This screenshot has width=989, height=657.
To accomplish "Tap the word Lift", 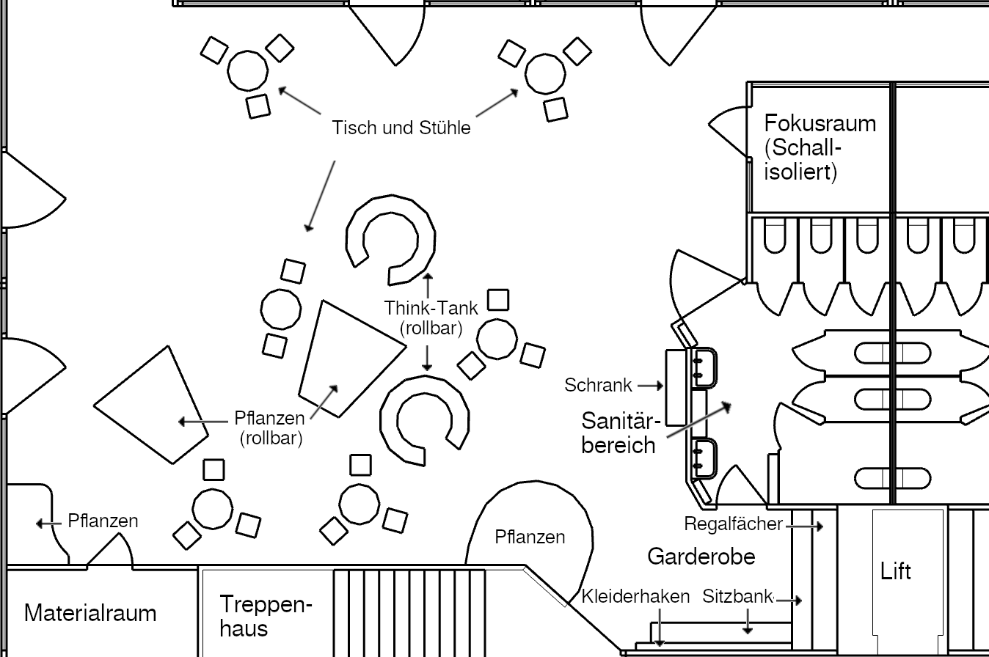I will pos(896,570).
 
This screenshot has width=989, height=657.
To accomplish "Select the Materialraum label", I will pos(90,613).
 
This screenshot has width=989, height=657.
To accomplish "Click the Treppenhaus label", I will pos(266,616).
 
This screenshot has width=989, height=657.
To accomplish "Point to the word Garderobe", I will pos(701,557).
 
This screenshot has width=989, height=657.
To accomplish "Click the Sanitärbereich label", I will pos(618,433).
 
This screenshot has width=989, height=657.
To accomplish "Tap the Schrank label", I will pos(598,385).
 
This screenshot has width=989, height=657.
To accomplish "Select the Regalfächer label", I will pos(733,524).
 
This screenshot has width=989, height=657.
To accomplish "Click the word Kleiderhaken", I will pos(635,596).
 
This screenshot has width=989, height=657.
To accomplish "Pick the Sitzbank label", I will pos(737,596).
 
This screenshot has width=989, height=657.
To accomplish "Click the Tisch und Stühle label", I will pos(401,128).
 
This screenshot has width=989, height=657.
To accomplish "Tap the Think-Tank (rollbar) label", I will pos(431,318).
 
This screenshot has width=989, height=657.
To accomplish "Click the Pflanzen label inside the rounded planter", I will pos(530,537).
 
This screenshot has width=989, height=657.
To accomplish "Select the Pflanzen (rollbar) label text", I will pos(270,428).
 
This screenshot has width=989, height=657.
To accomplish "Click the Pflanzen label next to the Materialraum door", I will pos(103,521).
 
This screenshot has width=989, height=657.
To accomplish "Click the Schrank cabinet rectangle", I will pos(675,387).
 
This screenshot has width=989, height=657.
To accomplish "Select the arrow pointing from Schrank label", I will pos(651,385).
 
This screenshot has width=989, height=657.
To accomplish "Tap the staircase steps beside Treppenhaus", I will pos(411,612).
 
